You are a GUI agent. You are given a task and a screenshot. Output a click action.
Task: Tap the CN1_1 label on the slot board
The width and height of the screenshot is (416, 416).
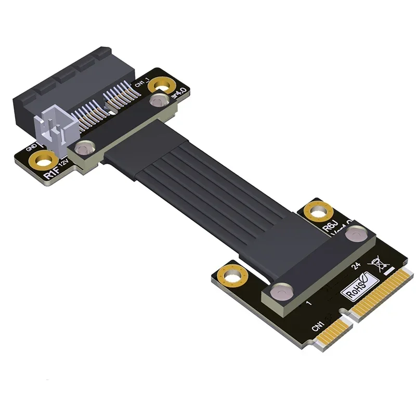click(x=142, y=83)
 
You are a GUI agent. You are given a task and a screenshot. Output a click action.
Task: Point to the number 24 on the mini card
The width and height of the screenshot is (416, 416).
click(x=357, y=267)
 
